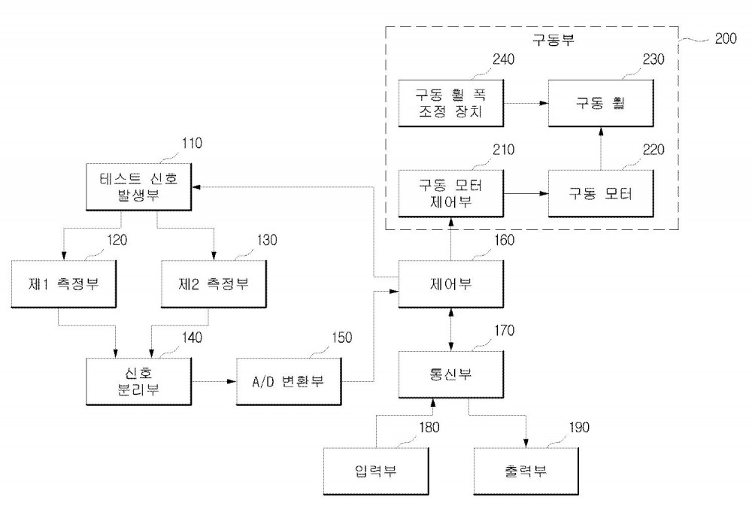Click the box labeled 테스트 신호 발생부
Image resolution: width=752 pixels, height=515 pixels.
(139, 187)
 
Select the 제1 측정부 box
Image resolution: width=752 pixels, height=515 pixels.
(64, 284)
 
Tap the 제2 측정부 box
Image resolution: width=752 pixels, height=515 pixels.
(214, 284)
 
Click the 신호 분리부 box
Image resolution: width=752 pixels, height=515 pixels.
(139, 382)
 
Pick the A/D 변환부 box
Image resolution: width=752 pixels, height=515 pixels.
(290, 382)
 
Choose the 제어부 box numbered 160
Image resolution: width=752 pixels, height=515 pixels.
(451, 284)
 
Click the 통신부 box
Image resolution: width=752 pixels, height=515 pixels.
(451, 374)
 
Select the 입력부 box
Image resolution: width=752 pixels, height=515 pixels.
(377, 471)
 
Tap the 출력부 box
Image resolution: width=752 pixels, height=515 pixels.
(526, 471)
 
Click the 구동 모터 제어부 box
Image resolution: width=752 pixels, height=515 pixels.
(451, 193)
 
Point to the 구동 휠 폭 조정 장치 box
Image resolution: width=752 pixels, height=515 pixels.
(451, 103)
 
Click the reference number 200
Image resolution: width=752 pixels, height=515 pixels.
(726, 39)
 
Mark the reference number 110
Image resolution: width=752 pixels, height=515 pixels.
(192, 144)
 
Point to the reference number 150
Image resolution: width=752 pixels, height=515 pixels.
(342, 338)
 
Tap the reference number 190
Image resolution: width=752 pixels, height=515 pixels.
(579, 427)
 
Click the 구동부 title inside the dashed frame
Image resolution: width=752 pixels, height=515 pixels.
(553, 39)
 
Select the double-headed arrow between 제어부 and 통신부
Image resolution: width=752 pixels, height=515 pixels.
(450, 329)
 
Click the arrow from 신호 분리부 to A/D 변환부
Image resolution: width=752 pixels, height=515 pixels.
(214, 382)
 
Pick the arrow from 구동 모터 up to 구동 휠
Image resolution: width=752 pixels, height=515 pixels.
(601, 148)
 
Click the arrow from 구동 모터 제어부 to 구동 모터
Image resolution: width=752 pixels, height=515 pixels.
(526, 193)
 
